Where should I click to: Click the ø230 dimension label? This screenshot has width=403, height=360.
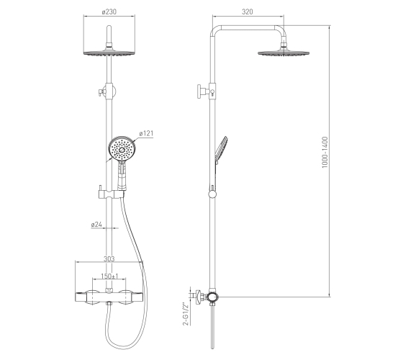(x=109, y=12)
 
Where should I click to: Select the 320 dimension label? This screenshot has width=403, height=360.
(x=248, y=12)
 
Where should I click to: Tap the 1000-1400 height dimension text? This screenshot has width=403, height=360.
(x=325, y=153)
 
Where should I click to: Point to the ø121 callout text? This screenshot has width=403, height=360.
(x=146, y=133)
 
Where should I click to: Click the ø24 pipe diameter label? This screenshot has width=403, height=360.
(x=96, y=225)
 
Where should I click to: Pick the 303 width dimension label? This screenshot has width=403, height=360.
(x=109, y=258)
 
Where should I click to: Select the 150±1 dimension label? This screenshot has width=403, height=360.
(x=109, y=276)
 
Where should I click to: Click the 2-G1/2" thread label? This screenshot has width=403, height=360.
(x=186, y=314)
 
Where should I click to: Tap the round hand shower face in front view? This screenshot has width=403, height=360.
(x=122, y=149)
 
